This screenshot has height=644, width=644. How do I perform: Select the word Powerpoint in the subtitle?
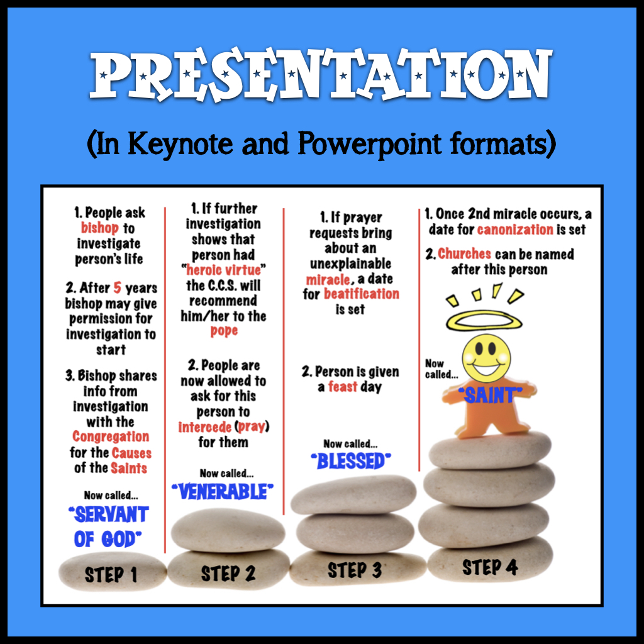(369, 145)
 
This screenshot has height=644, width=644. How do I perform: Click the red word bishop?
(99, 228)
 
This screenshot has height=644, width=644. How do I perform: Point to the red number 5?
(118, 287)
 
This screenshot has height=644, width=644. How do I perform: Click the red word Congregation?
(111, 436)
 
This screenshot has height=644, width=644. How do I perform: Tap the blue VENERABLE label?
(222, 491)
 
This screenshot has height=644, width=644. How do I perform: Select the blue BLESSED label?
(351, 461)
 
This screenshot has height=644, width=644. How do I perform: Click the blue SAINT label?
(489, 395)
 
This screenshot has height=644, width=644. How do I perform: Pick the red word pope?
(224, 331)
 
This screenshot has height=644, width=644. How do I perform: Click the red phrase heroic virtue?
(223, 270)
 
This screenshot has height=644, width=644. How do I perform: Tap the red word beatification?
(362, 294)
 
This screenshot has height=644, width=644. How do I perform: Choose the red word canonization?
(515, 229)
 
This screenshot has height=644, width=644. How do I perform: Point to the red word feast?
(343, 387)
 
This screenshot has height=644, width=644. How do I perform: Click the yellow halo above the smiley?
(484, 321)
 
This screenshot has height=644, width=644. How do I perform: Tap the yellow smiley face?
(486, 358)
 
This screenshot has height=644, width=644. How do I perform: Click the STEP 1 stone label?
(111, 575)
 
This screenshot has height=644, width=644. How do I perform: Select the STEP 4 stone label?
(489, 567)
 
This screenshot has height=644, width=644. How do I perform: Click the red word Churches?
(464, 254)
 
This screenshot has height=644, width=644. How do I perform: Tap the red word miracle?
(328, 279)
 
